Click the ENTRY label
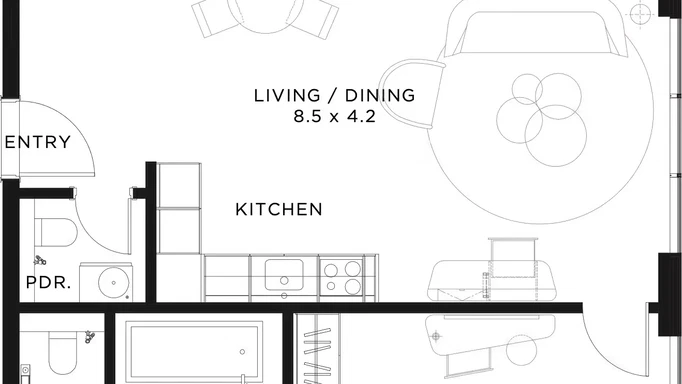click(x=38, y=142)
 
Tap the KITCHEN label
click(x=278, y=210)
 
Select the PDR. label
click(x=48, y=282)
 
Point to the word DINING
click(x=380, y=96)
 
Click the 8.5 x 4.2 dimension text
click(x=333, y=116)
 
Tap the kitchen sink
click(x=284, y=272)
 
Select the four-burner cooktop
click(x=343, y=277)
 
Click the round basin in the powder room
click(x=115, y=283)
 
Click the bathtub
click(x=189, y=351)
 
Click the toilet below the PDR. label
click(x=61, y=350)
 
